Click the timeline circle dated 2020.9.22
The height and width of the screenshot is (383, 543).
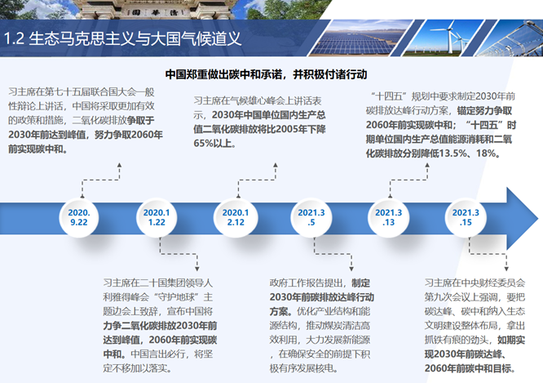click(79, 217)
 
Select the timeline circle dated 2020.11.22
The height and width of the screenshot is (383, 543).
click(157, 217)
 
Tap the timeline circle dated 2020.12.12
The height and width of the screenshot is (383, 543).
click(236, 217)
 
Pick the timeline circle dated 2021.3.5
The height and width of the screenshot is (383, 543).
click(311, 217)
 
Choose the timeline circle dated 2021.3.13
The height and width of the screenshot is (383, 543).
click(389, 217)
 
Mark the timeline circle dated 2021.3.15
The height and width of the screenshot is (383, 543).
click(466, 217)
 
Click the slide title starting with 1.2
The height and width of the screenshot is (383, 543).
click(122, 38)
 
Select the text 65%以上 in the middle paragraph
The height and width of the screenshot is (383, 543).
click(213, 143)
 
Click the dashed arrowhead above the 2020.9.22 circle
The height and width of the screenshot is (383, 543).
click(119, 166)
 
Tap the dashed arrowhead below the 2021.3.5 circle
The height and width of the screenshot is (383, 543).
click(351, 269)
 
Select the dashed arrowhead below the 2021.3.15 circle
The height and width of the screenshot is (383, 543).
click(506, 269)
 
